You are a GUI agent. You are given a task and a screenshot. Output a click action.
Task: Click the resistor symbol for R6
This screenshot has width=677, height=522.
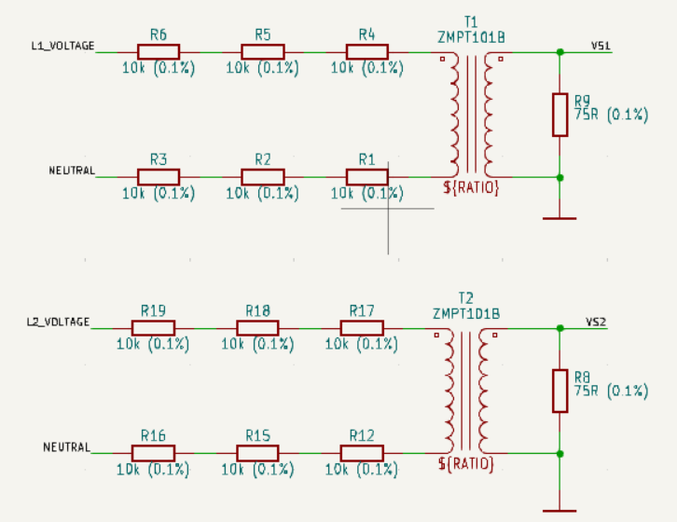click(159, 52)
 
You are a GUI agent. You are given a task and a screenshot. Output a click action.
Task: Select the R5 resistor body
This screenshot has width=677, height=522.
click(263, 52)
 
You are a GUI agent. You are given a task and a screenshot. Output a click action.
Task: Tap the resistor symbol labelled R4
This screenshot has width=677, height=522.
click(367, 52)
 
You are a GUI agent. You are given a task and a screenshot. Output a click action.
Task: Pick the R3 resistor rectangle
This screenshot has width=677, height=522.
click(159, 177)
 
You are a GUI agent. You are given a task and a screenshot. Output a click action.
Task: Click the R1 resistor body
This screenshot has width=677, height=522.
click(367, 177)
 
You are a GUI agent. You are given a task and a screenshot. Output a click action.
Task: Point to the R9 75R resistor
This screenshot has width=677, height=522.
click(560, 115)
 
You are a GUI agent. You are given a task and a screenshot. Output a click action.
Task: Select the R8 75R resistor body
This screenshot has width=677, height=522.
click(560, 391)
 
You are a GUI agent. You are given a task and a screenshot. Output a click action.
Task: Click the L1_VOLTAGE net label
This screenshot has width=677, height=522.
click(63, 46)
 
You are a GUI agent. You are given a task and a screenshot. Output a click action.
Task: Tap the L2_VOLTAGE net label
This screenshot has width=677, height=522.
click(59, 323)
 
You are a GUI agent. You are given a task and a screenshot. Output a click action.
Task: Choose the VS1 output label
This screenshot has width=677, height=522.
click(601, 46)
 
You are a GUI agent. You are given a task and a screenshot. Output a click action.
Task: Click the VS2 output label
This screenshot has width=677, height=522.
click(596, 323)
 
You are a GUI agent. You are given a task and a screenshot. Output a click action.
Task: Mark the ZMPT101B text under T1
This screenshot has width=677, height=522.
click(471, 37)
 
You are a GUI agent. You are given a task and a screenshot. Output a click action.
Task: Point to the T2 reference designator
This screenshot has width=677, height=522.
click(466, 298)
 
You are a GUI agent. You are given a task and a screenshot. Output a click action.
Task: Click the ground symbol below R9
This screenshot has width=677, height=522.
click(560, 218)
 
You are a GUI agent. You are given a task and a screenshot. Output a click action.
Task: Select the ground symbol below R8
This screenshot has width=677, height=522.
click(560, 511)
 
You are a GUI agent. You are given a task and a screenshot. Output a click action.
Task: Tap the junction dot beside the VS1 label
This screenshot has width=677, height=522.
click(560, 52)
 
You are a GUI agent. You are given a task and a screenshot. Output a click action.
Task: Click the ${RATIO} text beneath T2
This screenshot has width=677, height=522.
click(466, 463)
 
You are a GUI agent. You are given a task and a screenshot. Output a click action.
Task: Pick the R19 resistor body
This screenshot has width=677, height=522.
click(153, 328)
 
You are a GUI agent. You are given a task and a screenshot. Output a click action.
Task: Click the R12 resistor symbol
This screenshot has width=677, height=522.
click(362, 453)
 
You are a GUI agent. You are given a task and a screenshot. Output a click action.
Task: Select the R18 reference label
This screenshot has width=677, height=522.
click(257, 310)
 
